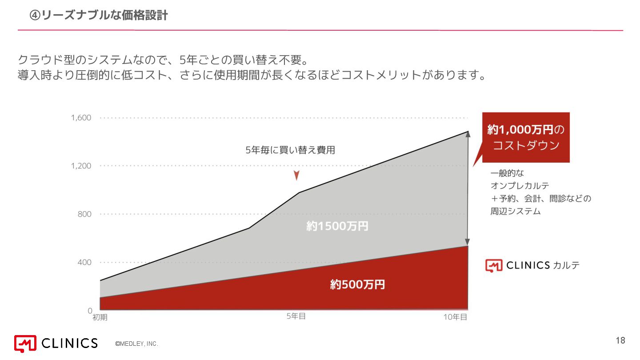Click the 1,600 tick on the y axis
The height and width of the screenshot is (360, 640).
81,118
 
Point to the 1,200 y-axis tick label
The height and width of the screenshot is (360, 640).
81,166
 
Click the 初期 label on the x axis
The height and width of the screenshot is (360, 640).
100,317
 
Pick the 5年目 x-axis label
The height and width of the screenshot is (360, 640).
296,316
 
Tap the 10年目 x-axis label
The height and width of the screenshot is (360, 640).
455,317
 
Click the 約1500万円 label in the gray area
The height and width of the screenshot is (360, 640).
337,226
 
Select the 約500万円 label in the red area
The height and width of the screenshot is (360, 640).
357,284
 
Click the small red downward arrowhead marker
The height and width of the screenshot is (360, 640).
296,176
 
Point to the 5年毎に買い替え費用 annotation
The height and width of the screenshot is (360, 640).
290,150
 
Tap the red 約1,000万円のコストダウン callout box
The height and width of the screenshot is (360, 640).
526,137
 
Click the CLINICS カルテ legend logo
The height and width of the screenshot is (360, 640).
532,265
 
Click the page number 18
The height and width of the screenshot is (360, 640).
620,341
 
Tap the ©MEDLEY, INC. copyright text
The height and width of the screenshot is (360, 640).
136,344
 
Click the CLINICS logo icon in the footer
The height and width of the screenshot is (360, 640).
25,343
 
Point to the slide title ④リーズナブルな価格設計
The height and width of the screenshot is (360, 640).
98,16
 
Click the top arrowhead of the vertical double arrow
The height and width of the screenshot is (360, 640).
467,135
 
